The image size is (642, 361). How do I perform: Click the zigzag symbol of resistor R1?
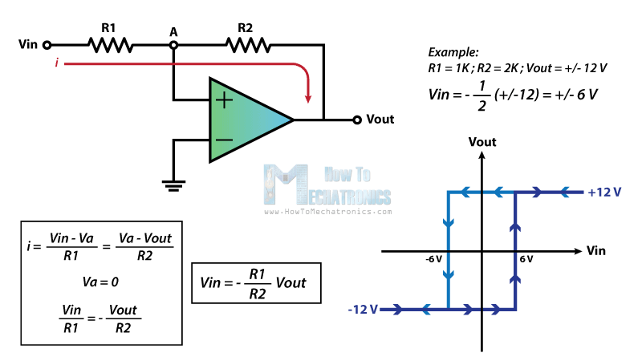click(x=112, y=46)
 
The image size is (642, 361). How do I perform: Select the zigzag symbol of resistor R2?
click(x=248, y=46)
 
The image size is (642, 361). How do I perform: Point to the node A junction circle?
click(x=173, y=46)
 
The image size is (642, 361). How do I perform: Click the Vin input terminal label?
click(x=28, y=46)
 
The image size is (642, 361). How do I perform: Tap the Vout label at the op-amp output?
click(x=380, y=120)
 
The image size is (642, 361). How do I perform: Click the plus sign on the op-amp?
click(x=224, y=100)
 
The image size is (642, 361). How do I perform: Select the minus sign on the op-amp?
click(x=224, y=139)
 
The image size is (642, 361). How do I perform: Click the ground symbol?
click(x=170, y=186)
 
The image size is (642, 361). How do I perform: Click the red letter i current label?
click(x=57, y=63)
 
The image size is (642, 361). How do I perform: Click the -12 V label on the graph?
click(x=363, y=309)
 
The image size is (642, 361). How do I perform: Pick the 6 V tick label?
click(x=526, y=260)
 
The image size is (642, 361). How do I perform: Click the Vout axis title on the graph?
click(x=481, y=142)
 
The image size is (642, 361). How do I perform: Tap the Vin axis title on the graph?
click(x=596, y=250)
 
